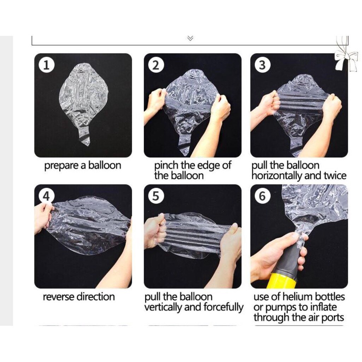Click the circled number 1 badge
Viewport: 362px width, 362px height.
[x=46, y=65]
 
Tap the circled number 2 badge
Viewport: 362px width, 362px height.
[x=156, y=65]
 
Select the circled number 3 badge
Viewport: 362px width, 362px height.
[x=263, y=65]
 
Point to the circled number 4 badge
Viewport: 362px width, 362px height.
[x=46, y=196]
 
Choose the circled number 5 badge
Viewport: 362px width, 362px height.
[x=156, y=196]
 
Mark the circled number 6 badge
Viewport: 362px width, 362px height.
[x=263, y=196]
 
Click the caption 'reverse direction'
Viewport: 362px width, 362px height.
[x=79, y=297]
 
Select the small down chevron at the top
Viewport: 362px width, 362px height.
[x=190, y=38]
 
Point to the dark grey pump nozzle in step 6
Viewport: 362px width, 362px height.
[x=290, y=261]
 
